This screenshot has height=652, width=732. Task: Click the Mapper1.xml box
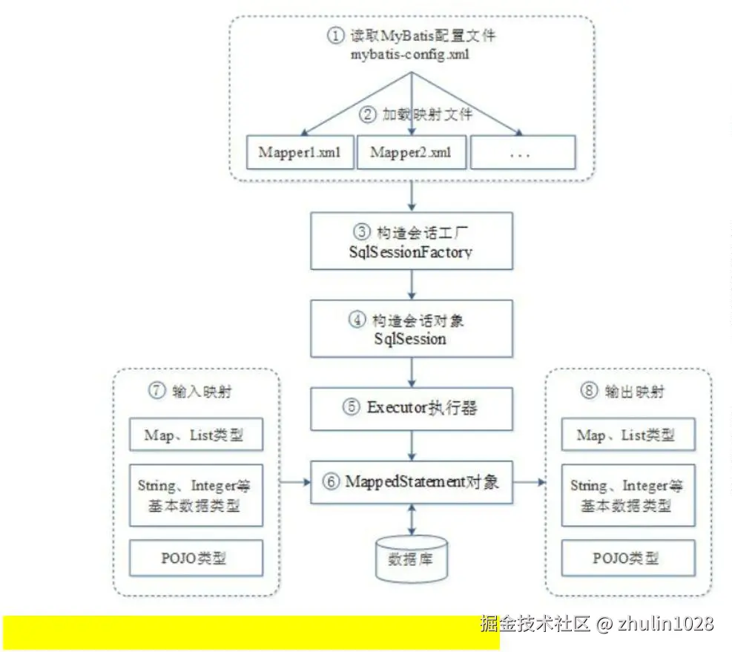300,153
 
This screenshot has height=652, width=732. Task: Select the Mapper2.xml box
410,153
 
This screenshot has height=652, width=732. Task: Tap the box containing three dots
522,153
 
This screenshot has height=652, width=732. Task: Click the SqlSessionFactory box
411,240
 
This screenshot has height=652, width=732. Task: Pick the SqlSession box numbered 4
411,328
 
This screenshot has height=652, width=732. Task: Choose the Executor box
411,407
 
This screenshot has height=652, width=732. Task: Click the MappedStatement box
411,482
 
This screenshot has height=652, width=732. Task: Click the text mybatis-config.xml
412,54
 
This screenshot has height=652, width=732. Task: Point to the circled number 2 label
368,115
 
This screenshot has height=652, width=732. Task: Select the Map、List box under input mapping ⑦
196,435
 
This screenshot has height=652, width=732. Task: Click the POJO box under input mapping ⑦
196,559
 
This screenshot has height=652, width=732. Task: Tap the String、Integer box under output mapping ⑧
628,495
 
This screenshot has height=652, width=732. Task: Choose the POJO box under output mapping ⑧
628,559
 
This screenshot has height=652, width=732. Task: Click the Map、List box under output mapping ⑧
628,435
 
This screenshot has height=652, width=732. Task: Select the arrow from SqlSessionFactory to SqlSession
412,285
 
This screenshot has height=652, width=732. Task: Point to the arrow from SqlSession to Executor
412,371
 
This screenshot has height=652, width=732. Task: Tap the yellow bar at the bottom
251,632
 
